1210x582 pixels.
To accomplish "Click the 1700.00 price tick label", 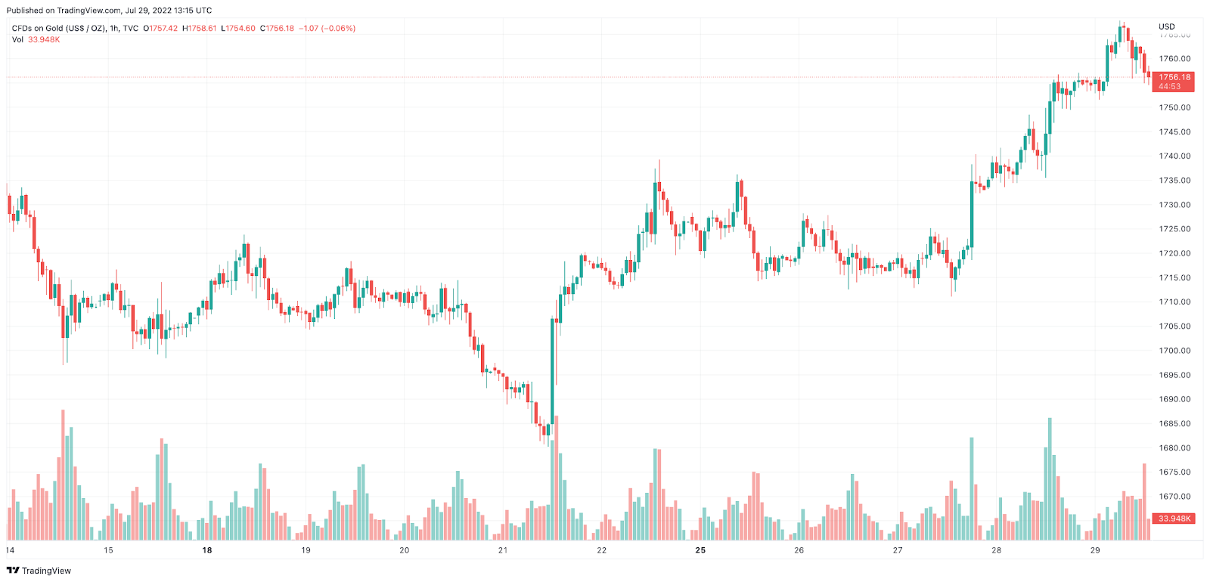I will (1174, 351).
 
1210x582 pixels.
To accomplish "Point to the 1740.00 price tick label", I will (1174, 156).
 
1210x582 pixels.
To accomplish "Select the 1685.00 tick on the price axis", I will (1174, 424).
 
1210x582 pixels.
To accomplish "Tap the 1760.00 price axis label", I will (1174, 59).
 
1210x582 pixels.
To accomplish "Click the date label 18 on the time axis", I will (207, 550).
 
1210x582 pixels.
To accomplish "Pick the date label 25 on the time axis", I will (700, 550).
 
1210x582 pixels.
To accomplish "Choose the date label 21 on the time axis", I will (503, 550).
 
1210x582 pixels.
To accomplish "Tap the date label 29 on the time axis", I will (1095, 550).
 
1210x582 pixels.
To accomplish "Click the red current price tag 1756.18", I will (1174, 77).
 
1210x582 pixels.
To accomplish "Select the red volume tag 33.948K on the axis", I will (1174, 519).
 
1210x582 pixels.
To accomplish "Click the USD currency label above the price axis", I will (1167, 26).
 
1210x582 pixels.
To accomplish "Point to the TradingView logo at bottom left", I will (39, 571).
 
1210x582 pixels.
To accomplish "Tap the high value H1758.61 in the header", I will (200, 29).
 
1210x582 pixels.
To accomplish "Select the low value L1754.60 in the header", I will (238, 29).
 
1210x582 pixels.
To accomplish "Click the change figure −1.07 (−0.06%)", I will (327, 29).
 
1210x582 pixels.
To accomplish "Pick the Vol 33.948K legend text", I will (36, 39).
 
